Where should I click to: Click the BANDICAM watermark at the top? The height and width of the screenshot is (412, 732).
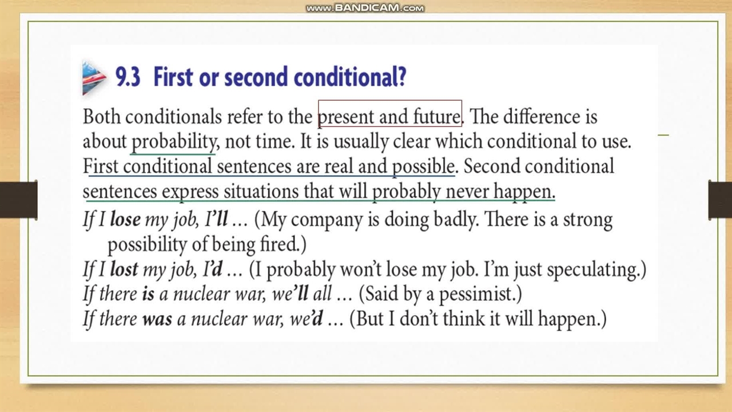365,8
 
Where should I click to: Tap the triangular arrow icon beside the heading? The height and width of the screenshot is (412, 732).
94,78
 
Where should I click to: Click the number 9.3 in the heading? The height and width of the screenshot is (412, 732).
128,77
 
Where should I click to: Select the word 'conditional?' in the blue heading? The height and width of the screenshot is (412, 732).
349,77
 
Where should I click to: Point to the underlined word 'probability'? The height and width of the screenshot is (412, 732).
173,142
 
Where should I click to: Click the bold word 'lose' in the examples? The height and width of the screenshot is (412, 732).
125,219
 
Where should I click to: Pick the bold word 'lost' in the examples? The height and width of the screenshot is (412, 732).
124,269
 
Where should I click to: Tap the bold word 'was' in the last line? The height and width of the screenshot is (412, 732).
157,319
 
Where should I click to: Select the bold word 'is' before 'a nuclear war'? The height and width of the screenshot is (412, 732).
148,294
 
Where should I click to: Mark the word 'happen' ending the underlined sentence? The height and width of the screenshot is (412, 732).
523,192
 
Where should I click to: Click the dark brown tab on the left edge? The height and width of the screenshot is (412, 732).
19,200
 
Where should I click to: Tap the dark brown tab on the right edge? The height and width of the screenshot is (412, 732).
720,200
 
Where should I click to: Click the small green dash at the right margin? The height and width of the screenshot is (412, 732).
663,134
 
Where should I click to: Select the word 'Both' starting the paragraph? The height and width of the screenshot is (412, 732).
101,116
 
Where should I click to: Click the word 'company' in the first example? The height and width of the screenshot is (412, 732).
327,220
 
